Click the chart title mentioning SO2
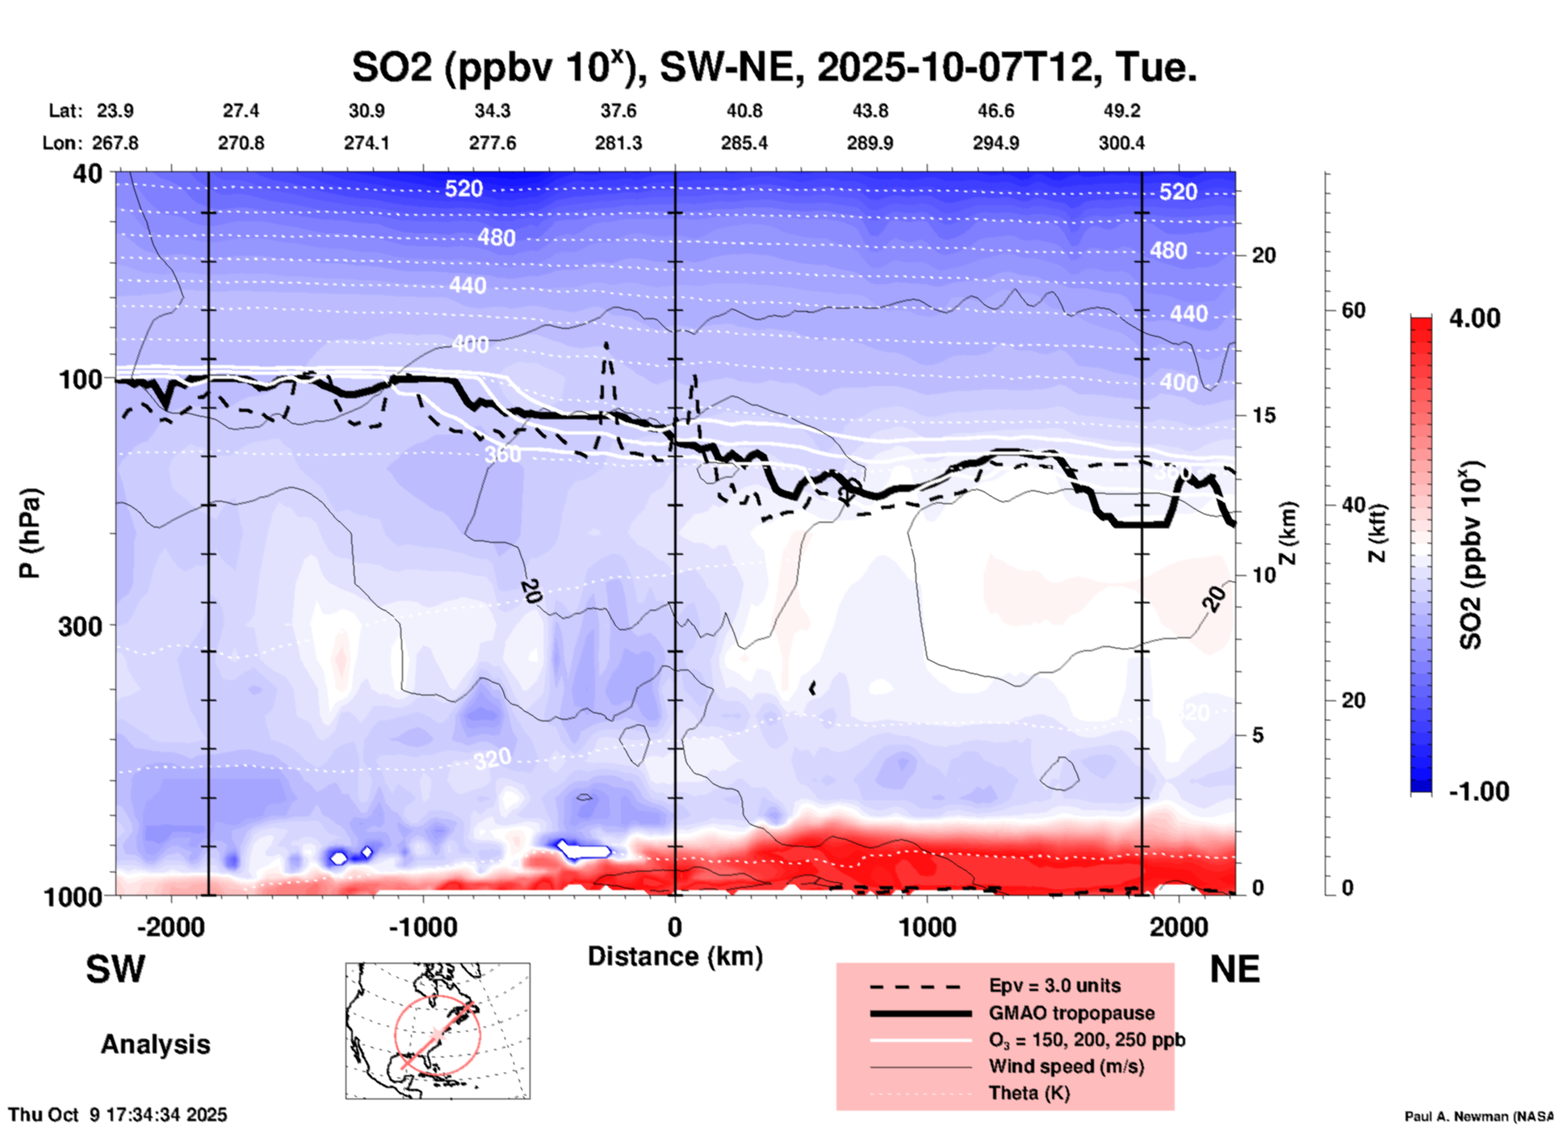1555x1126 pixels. pyautogui.click(x=773, y=68)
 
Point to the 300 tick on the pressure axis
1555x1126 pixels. pyautogui.click(x=80, y=626)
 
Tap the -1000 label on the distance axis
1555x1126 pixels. pyautogui.click(x=422, y=926)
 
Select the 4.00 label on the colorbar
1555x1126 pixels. pyautogui.click(x=1474, y=318)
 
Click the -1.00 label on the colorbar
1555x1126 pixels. pyautogui.click(x=1477, y=792)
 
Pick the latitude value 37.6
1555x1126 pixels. pyautogui.click(x=618, y=111)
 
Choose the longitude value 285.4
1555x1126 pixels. pyautogui.click(x=744, y=143)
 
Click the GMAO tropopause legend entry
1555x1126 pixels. pyautogui.click(x=1071, y=1013)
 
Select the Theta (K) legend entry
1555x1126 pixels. pyautogui.click(x=1029, y=1093)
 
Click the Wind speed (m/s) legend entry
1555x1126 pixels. pyautogui.click(x=1066, y=1066)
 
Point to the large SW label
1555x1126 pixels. pyautogui.click(x=115, y=969)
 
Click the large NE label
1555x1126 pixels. pyautogui.click(x=1234, y=969)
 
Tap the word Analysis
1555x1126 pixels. pyautogui.click(x=155, y=1044)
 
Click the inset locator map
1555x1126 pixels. pyautogui.click(x=438, y=1030)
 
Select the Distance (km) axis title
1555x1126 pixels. pyautogui.click(x=675, y=956)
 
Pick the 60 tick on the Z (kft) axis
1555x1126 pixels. pyautogui.click(x=1353, y=311)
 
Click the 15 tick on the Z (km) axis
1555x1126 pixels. pyautogui.click(x=1264, y=415)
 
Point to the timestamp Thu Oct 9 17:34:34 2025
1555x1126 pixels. pyautogui.click(x=118, y=1115)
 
